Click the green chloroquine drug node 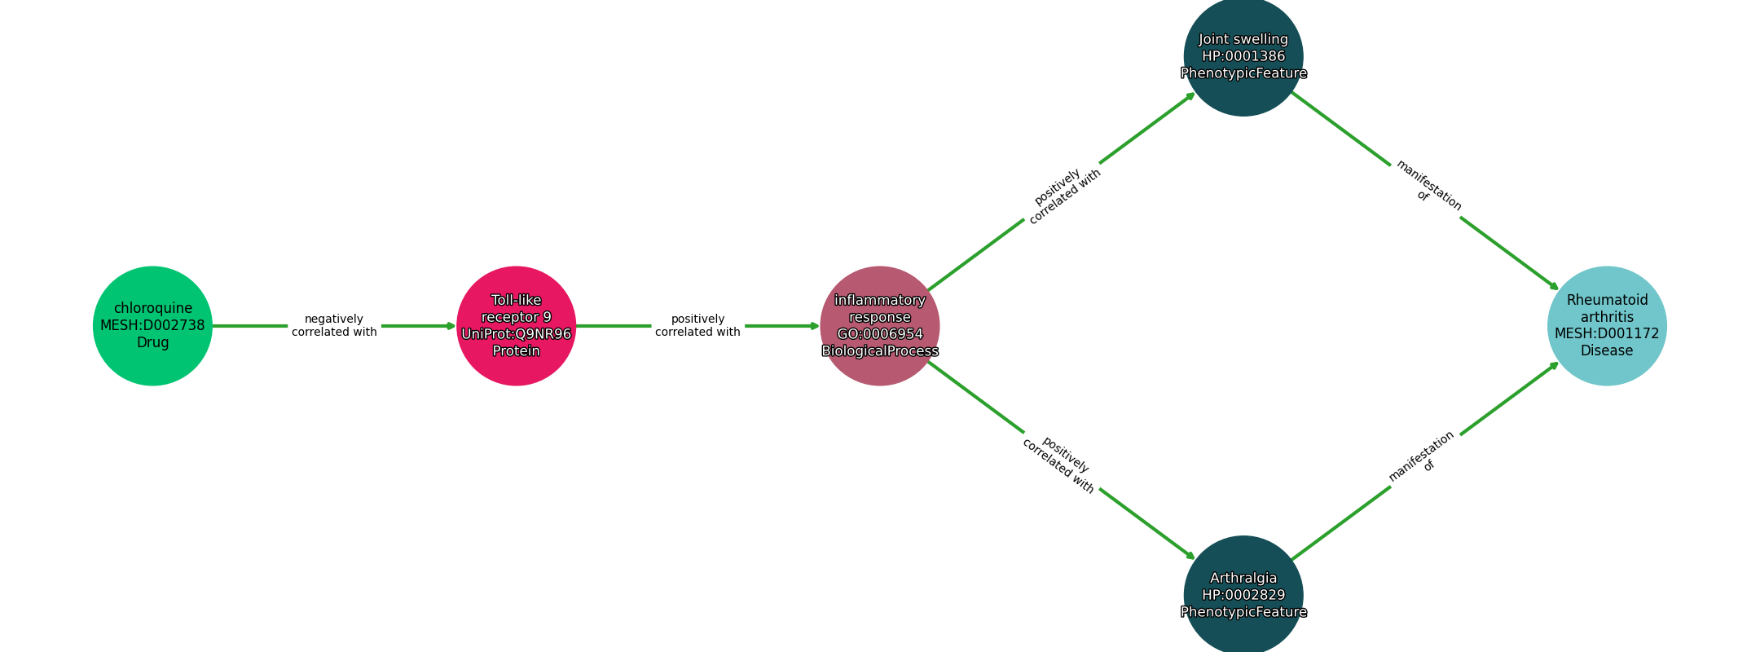pos(152,326)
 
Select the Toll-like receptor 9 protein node pos(516,326)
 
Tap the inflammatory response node pos(879,326)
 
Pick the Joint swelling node pos(1243,57)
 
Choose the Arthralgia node pos(1243,595)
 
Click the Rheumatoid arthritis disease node pos(1606,326)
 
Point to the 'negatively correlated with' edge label pos(334,326)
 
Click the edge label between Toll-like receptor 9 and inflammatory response pos(697,326)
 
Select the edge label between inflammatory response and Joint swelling pos(1062,196)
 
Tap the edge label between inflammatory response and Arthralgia pos(1059,465)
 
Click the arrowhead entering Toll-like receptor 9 pos(451,326)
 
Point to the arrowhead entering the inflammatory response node pos(814,326)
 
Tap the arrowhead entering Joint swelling pos(1190,95)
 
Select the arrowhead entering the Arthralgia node pos(1190,557)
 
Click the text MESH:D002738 pos(152,326)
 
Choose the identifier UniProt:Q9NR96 pos(516,334)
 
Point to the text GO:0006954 pos(879,334)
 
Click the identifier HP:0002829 pos(1243,596)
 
